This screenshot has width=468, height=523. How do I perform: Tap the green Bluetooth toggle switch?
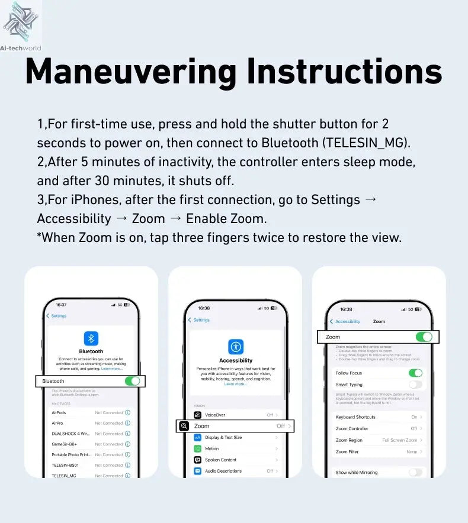pyautogui.click(x=132, y=381)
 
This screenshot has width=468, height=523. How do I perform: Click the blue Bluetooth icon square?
pyautogui.click(x=91, y=338)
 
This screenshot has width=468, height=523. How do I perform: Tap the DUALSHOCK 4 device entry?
pyautogui.click(x=70, y=434)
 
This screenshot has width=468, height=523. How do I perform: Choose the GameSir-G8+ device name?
pyautogui.click(x=65, y=444)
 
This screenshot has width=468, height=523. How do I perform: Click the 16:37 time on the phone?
pyautogui.click(x=61, y=304)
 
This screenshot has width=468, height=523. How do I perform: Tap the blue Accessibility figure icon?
pyautogui.click(x=236, y=347)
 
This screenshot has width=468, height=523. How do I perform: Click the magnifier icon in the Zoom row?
pyautogui.click(x=184, y=426)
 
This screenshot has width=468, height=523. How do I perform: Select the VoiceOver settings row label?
pyautogui.click(x=215, y=415)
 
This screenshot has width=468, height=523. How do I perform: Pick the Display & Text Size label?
pyautogui.click(x=223, y=437)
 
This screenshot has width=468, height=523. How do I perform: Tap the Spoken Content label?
pyautogui.click(x=220, y=460)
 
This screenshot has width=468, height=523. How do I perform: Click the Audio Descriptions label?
pyautogui.click(x=223, y=471)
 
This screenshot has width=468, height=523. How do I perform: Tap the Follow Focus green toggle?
pyautogui.click(x=415, y=373)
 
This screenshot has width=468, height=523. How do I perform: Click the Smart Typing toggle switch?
pyautogui.click(x=415, y=385)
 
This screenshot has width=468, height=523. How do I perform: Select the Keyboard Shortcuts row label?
pyautogui.click(x=355, y=417)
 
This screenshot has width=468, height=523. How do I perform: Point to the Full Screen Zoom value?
pyautogui.click(x=399, y=440)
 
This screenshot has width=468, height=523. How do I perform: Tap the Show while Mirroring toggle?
pyautogui.click(x=415, y=472)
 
